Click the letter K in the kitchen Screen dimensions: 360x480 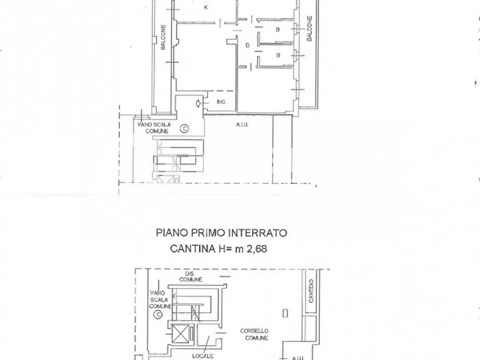coord(206,8)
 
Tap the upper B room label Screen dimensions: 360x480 coord(277,30)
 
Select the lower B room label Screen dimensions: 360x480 coord(277,55)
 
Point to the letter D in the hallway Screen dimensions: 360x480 coord(248,46)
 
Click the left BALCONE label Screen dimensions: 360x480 coord(163,38)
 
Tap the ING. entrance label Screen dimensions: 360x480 coord(221,102)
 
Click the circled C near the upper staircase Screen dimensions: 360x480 coord(184,128)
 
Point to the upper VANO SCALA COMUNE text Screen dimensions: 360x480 coord(154,128)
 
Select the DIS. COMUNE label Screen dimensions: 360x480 coord(191,276)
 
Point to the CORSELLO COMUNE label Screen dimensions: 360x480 coord(255,334)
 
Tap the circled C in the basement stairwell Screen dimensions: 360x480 coord(157,314)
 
